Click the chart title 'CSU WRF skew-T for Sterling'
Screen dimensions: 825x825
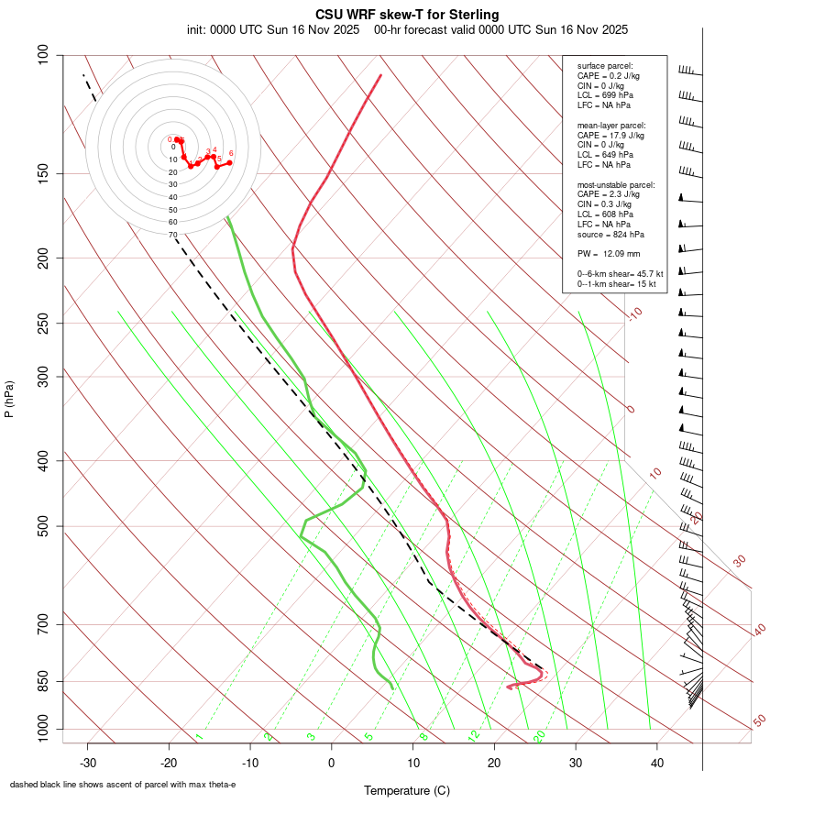pyautogui.click(x=408, y=15)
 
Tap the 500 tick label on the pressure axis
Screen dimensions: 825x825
pyautogui.click(x=44, y=526)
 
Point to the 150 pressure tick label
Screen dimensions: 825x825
pyautogui.click(x=44, y=173)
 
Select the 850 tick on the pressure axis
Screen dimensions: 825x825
pyautogui.click(x=44, y=681)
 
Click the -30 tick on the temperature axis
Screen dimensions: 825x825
pyautogui.click(x=87, y=763)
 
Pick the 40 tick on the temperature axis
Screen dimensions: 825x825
pyautogui.click(x=656, y=763)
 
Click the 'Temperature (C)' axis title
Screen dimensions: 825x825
pyautogui.click(x=407, y=790)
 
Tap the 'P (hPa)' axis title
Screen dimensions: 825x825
pyautogui.click(x=9, y=399)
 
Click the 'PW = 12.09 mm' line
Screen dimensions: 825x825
pyautogui.click(x=609, y=254)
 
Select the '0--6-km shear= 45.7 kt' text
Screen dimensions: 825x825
pyautogui.click(x=620, y=273)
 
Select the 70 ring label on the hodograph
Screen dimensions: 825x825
pyautogui.click(x=172, y=235)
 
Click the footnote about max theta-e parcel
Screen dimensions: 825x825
pyautogui.click(x=123, y=785)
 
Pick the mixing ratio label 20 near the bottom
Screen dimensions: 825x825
pyautogui.click(x=539, y=736)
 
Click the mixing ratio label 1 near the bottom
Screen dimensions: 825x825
pyautogui.click(x=199, y=736)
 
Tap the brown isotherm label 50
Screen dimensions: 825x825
pyautogui.click(x=759, y=721)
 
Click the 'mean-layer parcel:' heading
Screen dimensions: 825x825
pyautogui.click(x=611, y=125)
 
